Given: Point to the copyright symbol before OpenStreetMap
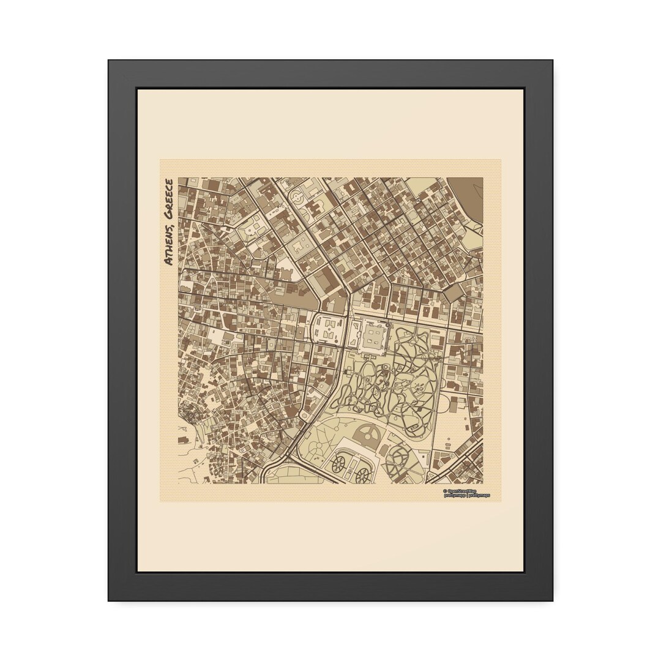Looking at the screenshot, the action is click(445, 491).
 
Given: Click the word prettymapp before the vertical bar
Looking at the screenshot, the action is click(455, 496).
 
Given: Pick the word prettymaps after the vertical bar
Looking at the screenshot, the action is click(480, 496).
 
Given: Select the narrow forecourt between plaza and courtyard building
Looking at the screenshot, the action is click(353, 335).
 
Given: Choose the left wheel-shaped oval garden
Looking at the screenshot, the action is click(337, 465).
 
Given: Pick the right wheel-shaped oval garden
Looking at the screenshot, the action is click(362, 472).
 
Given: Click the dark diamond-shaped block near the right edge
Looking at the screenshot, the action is click(454, 294).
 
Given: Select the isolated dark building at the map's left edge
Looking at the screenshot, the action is click(183, 439).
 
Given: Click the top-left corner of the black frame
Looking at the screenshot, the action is click(110, 61).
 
